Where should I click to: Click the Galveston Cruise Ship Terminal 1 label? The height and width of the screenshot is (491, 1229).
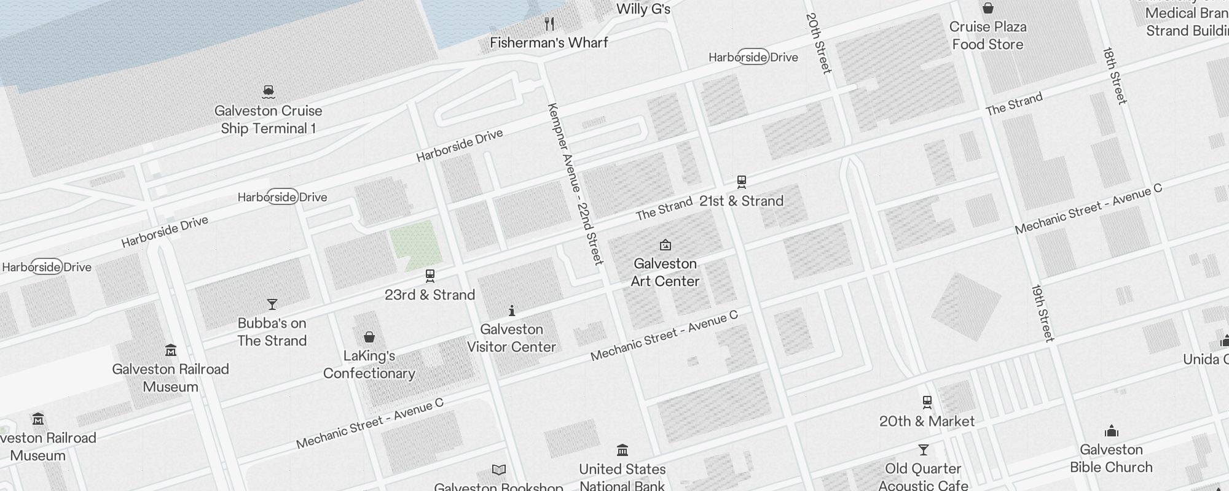[268, 120]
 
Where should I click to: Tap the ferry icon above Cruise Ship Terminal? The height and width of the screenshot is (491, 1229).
[268, 92]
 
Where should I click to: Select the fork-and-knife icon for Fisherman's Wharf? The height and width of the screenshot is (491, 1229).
[549, 24]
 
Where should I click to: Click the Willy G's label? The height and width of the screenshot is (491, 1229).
[643, 9]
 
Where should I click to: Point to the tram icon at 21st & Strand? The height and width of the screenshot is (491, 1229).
[742, 182]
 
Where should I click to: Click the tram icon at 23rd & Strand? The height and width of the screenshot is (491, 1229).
[430, 276]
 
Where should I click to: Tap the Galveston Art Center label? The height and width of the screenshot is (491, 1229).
[665, 273]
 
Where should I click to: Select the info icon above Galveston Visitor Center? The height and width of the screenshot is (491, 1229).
[511, 311]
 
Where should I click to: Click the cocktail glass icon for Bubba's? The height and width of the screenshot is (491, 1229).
[272, 304]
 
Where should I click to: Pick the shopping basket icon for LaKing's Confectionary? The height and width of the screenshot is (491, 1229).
[369, 337]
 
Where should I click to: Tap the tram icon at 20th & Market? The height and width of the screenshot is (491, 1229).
[927, 403]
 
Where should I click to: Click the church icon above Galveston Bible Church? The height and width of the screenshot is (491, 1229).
[1111, 431]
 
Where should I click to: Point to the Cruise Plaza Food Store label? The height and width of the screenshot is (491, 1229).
[988, 36]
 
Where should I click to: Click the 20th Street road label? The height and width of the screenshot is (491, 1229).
[819, 43]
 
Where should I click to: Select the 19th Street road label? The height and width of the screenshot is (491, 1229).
[1043, 312]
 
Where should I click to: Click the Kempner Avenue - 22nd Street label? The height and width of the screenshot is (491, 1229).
[575, 184]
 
